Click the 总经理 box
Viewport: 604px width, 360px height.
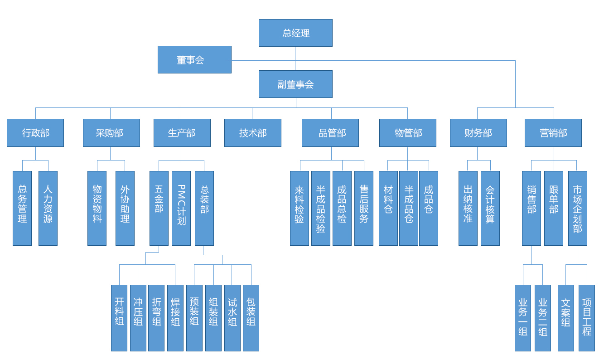click(x=295, y=33)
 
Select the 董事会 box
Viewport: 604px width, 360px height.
click(x=194, y=59)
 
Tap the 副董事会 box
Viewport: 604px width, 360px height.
click(x=295, y=84)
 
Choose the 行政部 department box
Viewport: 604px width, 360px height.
click(x=35, y=133)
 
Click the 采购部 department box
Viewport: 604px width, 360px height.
click(x=111, y=133)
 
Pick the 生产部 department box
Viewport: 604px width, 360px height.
click(x=182, y=133)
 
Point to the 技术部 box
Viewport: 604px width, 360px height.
click(x=252, y=133)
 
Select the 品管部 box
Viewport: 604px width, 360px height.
click(x=330, y=133)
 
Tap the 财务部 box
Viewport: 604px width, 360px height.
click(x=478, y=133)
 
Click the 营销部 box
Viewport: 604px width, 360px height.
click(x=553, y=133)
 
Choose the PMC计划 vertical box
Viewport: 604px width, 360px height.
click(x=181, y=208)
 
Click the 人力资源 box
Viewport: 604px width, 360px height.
click(x=48, y=208)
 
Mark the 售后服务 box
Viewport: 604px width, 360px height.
click(x=363, y=208)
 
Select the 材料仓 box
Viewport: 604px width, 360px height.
click(x=388, y=208)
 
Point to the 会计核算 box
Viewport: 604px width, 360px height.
click(x=490, y=208)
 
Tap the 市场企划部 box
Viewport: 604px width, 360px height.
click(x=577, y=208)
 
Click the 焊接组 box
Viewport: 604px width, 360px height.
click(x=175, y=318)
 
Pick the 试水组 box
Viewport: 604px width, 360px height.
click(x=232, y=318)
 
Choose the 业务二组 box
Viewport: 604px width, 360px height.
click(x=542, y=318)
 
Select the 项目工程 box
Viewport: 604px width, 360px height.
click(x=586, y=318)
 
